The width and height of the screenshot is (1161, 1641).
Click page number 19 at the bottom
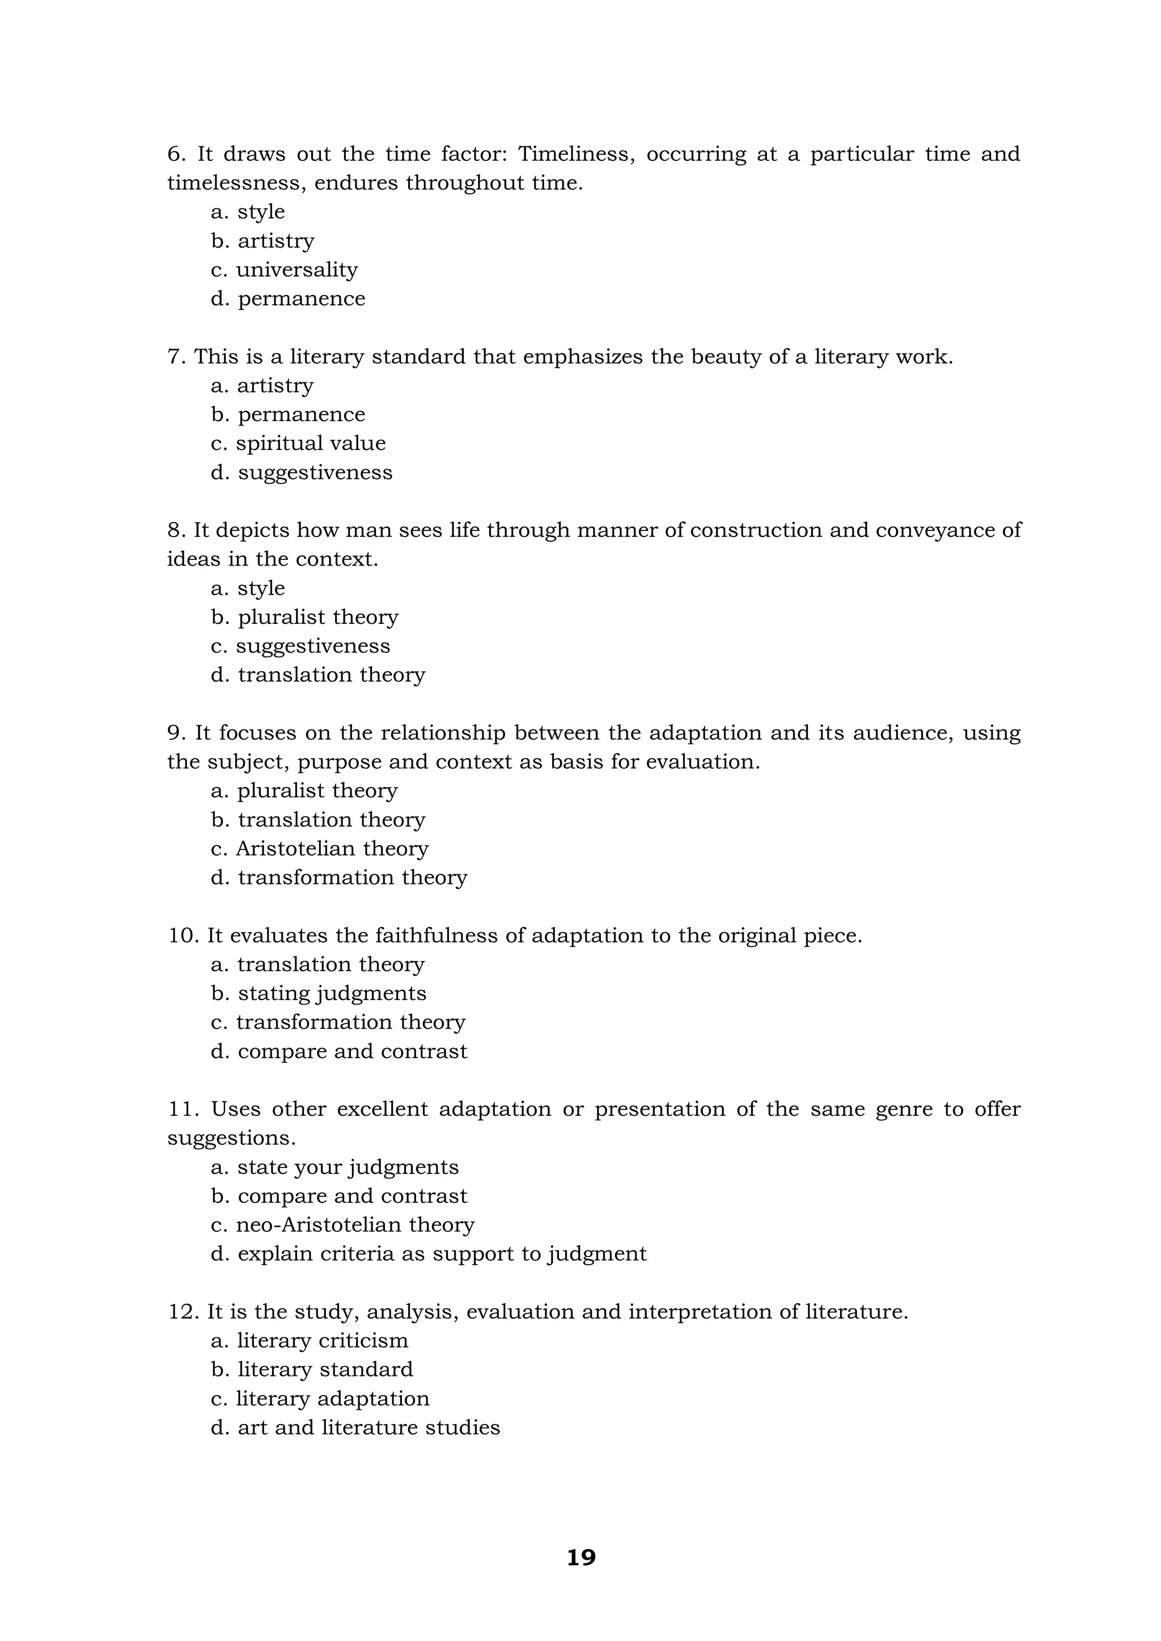580,1557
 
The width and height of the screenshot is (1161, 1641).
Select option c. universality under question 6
284,270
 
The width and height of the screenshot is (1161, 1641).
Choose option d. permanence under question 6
287,299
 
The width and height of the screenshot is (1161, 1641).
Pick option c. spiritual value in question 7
298,444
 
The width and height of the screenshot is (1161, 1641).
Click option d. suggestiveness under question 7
301,473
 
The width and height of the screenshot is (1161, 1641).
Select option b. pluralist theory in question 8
304,618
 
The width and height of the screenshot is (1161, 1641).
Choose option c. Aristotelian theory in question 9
320,849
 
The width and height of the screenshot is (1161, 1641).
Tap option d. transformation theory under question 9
339,878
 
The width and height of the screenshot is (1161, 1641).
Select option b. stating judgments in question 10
318,993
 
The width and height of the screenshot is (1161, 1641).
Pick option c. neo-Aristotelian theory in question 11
342,1225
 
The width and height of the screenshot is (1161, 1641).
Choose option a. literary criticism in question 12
310,1341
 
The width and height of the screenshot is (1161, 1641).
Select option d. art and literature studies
355,1427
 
